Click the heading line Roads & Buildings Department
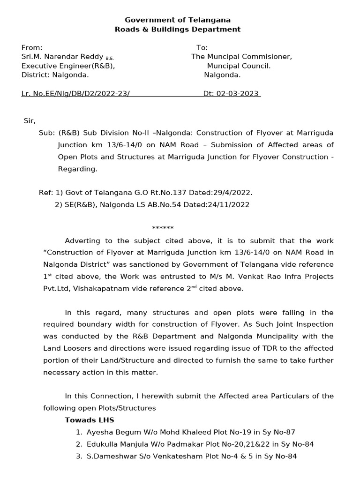click(178, 29)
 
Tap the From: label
click(32, 47)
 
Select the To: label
click(202, 47)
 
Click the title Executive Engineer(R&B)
click(68, 66)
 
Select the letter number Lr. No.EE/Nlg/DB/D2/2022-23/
click(75, 93)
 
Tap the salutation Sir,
click(30, 120)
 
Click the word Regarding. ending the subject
click(77, 169)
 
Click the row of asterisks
click(163, 228)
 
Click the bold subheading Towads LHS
click(89, 420)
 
